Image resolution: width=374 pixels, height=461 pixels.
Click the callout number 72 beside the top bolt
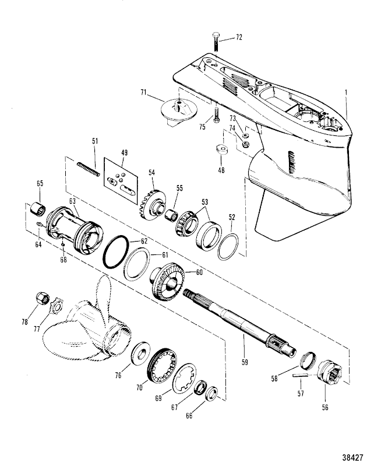coord(239,37)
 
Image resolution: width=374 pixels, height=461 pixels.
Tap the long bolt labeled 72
coord(216,42)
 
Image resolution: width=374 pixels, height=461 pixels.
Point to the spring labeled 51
coord(89,169)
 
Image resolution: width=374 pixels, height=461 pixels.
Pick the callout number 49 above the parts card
coord(124,152)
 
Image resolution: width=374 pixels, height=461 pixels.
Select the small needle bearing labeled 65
coord(38,209)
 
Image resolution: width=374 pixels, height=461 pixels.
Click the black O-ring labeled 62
coord(116,252)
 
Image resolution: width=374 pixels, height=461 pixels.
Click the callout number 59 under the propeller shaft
coord(245,361)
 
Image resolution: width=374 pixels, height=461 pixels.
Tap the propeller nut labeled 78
coord(43,299)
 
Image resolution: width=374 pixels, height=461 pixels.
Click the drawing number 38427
coord(353,456)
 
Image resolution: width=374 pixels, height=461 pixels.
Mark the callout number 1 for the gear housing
coord(346,93)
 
